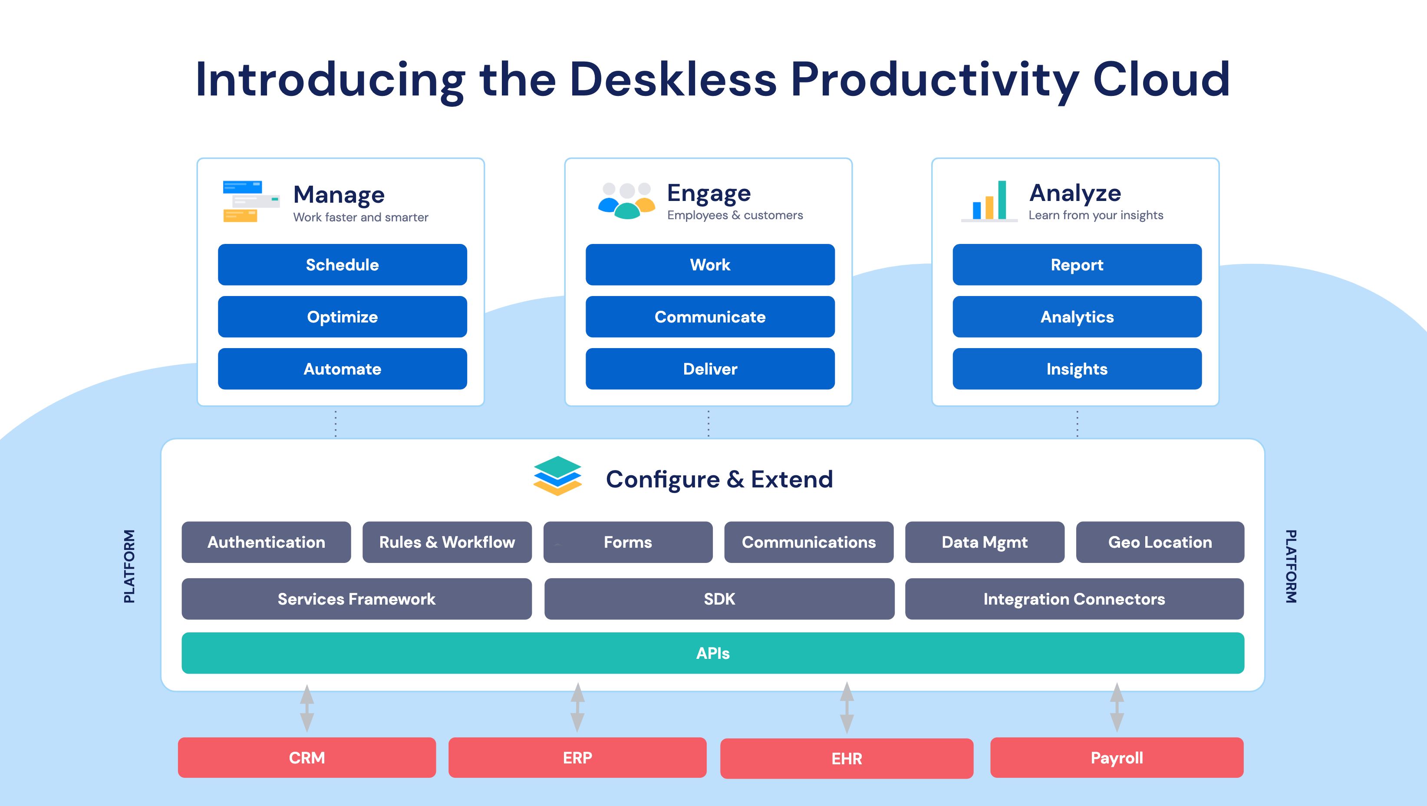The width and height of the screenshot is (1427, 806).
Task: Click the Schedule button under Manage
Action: pos(343,265)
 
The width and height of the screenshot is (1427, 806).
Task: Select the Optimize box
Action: pos(343,317)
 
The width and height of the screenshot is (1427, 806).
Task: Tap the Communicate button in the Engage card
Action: pos(710,317)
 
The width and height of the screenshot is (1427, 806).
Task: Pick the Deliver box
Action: pos(710,369)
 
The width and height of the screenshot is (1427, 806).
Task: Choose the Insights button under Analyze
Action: pos(1077,369)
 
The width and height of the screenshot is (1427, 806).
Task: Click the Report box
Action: pos(1077,265)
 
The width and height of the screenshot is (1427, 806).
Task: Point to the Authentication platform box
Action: pos(267,542)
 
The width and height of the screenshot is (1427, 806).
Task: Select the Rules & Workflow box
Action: pos(447,542)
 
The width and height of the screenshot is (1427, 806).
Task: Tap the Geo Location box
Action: pos(1160,542)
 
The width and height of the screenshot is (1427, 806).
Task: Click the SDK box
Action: pos(720,599)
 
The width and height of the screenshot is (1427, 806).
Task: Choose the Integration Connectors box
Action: pos(1074,599)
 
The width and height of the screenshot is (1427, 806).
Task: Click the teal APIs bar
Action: pos(713,653)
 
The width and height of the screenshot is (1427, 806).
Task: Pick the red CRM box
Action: pos(307,758)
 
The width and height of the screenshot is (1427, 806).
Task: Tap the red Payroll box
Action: pos(1117,758)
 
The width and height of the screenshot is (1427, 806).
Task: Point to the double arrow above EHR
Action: pos(847,708)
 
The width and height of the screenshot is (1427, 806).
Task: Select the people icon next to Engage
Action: pos(626,201)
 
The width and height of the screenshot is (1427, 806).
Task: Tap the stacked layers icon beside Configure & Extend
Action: pos(557,476)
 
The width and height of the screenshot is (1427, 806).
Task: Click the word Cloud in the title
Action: pos(1162,80)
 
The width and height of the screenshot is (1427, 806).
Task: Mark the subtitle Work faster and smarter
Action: pos(361,217)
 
